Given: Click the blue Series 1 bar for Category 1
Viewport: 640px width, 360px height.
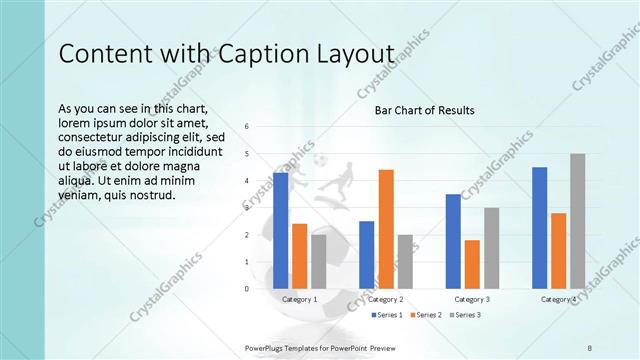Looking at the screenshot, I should (280, 231).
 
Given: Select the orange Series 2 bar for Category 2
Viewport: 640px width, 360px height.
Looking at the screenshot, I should (386, 229).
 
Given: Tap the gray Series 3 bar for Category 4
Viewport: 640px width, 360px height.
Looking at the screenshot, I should (578, 221).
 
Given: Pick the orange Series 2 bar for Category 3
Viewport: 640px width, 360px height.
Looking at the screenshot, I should (472, 264).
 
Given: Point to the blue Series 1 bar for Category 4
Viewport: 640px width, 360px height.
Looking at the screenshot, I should (540, 228).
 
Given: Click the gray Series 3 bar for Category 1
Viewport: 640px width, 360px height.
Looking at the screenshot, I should (318, 262).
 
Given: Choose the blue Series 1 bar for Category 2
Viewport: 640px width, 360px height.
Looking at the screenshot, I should (366, 255).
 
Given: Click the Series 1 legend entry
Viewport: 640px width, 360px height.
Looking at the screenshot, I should (388, 315).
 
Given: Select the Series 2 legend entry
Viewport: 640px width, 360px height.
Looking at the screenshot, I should (426, 315).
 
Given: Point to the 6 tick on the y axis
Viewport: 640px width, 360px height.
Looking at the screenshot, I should (247, 127).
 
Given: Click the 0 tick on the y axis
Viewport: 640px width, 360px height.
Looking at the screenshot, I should (247, 289).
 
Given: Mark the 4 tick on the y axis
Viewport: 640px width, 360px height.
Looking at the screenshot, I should (247, 181).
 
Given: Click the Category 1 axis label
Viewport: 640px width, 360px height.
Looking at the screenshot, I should (300, 299).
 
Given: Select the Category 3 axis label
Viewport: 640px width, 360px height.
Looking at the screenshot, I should (472, 299).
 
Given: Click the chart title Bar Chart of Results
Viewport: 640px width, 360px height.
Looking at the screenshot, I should (424, 110).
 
